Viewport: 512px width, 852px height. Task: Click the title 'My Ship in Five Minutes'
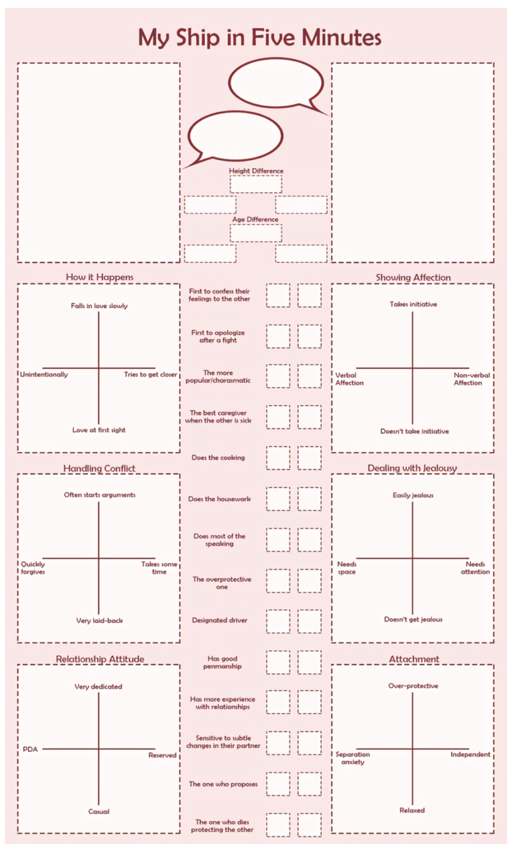tap(259, 37)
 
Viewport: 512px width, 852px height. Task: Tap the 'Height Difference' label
tap(256, 171)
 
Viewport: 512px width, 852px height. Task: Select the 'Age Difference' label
tap(255, 219)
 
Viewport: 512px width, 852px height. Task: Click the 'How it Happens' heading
tap(99, 277)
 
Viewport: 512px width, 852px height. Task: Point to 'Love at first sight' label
tap(99, 430)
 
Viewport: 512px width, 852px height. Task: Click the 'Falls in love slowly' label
tap(99, 306)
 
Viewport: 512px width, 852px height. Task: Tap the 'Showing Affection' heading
tap(413, 277)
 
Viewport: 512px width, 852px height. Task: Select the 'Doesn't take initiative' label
tap(415, 431)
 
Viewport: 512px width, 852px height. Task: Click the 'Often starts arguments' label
tap(99, 495)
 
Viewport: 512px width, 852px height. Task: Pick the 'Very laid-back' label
tap(99, 621)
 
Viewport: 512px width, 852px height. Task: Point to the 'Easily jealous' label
tap(413, 495)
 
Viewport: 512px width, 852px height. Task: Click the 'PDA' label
tap(30, 749)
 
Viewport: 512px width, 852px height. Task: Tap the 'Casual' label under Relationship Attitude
tap(99, 811)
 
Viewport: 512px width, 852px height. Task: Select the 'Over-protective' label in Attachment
tap(413, 686)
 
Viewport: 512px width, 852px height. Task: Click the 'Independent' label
tap(470, 755)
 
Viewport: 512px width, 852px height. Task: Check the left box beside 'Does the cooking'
tap(278, 458)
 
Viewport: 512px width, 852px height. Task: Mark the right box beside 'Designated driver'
tap(309, 621)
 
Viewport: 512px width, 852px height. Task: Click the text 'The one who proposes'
tap(223, 784)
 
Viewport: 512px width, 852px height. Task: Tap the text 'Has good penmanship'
tap(223, 662)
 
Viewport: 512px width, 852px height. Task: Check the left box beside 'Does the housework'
tap(278, 499)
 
